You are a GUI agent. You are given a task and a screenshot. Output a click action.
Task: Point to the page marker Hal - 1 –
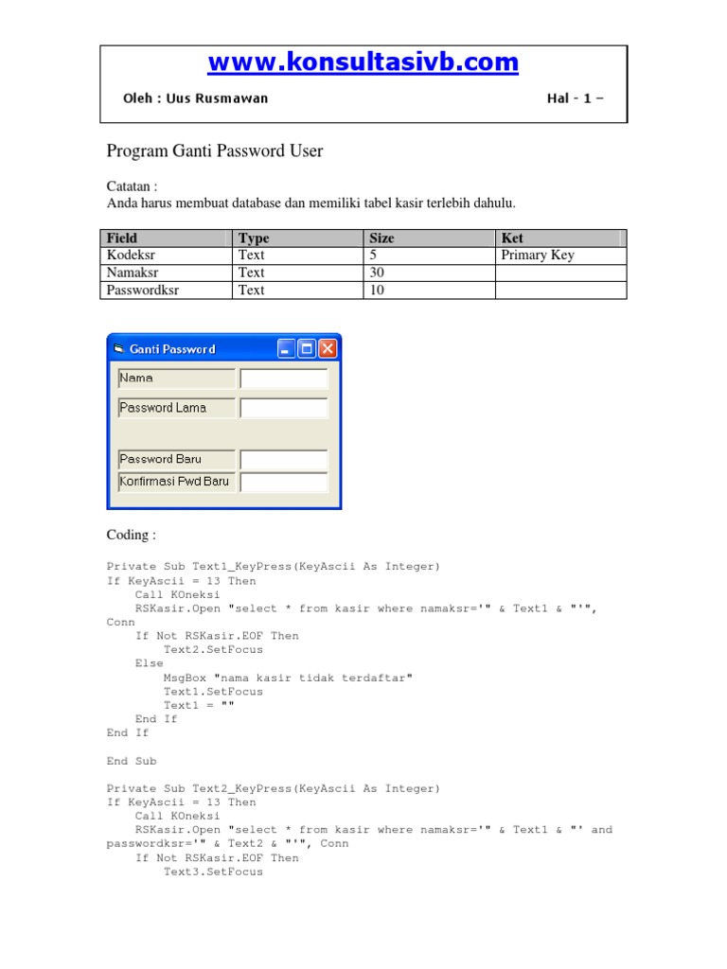pyautogui.click(x=575, y=98)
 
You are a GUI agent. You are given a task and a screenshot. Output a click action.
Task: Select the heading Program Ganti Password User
pyautogui.click(x=215, y=150)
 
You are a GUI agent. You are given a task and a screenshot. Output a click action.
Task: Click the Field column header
pyautogui.click(x=122, y=238)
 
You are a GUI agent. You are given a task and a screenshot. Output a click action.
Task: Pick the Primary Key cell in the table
pyautogui.click(x=538, y=255)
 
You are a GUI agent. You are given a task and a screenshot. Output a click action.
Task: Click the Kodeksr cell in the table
pyautogui.click(x=133, y=255)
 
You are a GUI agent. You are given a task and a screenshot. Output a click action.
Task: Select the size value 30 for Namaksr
pyautogui.click(x=377, y=273)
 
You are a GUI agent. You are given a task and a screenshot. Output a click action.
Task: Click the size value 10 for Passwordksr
pyautogui.click(x=377, y=291)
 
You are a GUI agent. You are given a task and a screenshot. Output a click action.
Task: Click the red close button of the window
pyautogui.click(x=328, y=349)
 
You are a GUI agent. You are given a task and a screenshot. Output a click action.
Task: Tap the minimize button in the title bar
pyautogui.click(x=286, y=349)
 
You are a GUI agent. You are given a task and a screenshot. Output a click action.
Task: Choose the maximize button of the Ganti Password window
pyautogui.click(x=307, y=349)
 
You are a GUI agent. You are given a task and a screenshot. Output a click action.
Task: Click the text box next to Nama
pyautogui.click(x=284, y=379)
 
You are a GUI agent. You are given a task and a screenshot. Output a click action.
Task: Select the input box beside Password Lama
pyautogui.click(x=284, y=408)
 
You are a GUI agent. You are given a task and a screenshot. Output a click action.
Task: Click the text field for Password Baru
pyautogui.click(x=284, y=460)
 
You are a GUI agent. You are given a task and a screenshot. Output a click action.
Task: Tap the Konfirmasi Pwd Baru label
pyautogui.click(x=176, y=482)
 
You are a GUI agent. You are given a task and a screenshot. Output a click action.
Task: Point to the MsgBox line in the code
pyautogui.click(x=288, y=678)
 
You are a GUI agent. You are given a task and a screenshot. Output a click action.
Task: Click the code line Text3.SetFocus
pyautogui.click(x=213, y=872)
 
